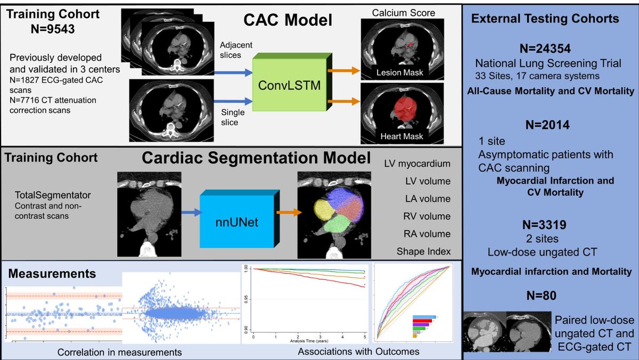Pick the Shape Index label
[x=424, y=251]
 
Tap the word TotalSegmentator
[x=44, y=195]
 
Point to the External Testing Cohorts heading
[x=545, y=19]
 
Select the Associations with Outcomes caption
[x=358, y=351]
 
